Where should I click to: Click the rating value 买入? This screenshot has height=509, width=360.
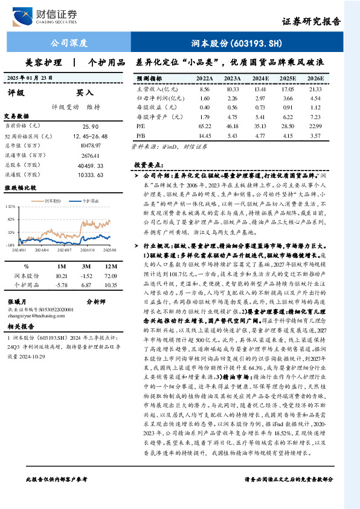tap(85, 92)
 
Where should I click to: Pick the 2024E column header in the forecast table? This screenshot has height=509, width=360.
tap(261, 79)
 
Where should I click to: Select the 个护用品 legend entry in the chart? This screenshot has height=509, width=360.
tap(89, 198)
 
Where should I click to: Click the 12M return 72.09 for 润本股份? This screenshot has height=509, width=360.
tap(109, 275)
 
